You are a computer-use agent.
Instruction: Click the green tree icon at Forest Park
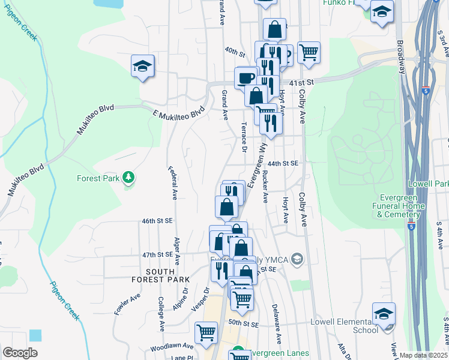[x=127, y=178]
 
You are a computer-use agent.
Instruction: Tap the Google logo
[x=20, y=353]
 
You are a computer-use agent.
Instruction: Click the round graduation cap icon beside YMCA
[x=296, y=259]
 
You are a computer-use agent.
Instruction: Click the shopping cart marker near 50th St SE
[x=206, y=332]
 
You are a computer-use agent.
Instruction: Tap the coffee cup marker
[x=246, y=78]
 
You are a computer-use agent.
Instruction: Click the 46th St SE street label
[x=157, y=221]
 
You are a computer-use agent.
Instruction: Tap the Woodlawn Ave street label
[x=172, y=346]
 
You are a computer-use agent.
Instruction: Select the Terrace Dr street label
[x=244, y=137]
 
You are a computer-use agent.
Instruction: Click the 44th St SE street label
[x=283, y=163]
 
